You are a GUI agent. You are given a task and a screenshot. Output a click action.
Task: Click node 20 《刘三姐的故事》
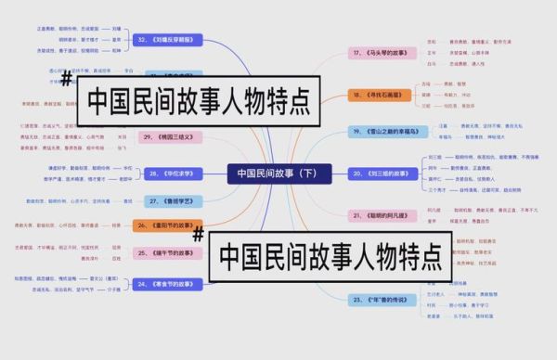pyautogui.click(x=382, y=174)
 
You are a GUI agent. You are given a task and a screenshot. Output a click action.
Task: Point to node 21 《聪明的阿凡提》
pyautogui.click(x=382, y=214)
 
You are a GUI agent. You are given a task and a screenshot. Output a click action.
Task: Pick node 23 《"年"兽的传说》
pyautogui.click(x=382, y=300)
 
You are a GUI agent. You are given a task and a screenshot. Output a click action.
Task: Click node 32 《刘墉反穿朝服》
pyautogui.click(x=169, y=40)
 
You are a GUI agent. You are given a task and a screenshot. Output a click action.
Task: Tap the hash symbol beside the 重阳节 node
pyautogui.click(x=197, y=235)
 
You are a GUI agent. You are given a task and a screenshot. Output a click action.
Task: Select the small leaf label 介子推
pyautogui.click(x=113, y=289)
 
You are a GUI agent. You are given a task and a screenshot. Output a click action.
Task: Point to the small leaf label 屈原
pyautogui.click(x=116, y=248)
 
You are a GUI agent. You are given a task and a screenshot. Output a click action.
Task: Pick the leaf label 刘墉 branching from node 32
pyautogui.click(x=116, y=29)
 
